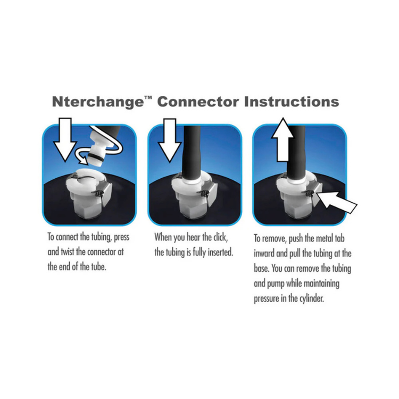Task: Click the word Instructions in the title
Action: tap(291, 101)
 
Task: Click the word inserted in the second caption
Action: tap(219, 252)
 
